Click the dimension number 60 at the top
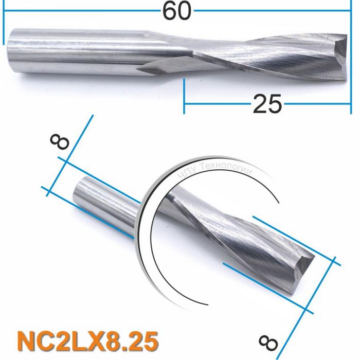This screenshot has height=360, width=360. coord(177,10)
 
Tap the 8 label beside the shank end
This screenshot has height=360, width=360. coord(60,140)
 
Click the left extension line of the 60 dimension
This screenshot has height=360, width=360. coord(4,28)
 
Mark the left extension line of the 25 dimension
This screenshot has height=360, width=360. coord(184,95)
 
